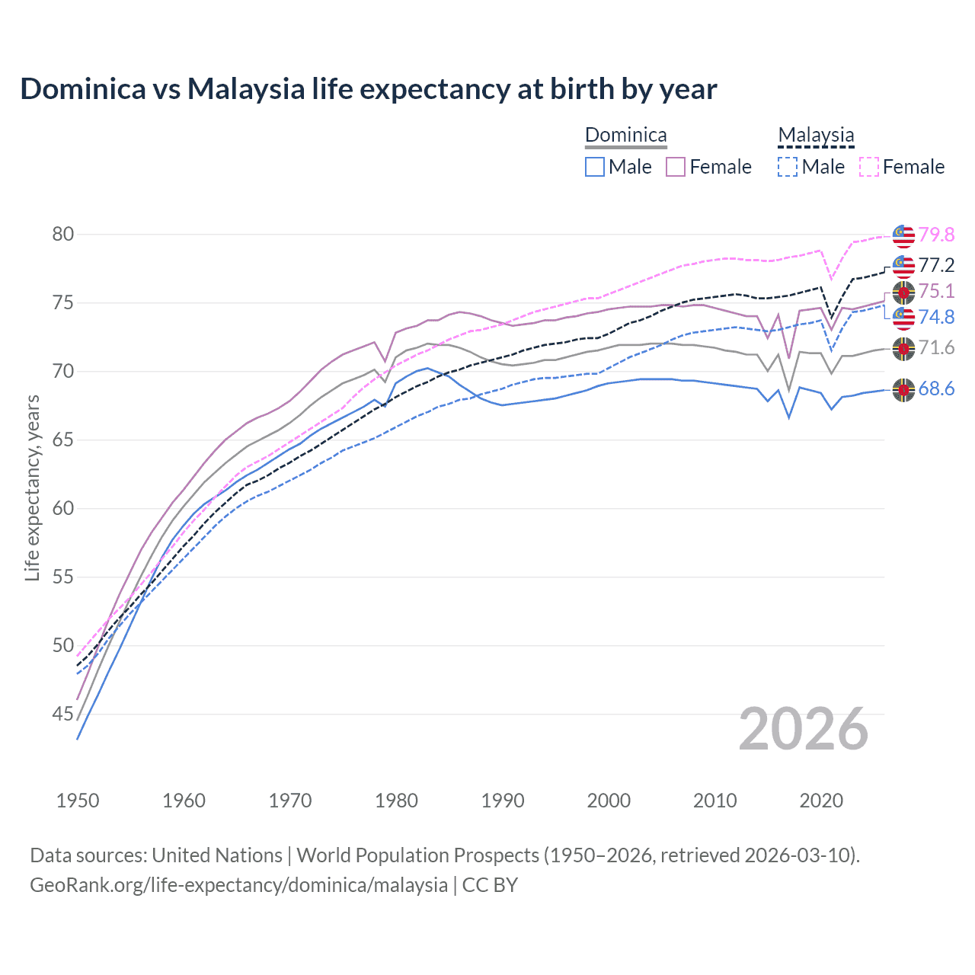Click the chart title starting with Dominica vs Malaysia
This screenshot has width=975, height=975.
click(369, 89)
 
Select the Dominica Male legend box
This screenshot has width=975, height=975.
click(595, 167)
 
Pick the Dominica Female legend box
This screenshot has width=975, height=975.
click(676, 167)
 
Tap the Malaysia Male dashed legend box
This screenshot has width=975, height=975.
click(788, 167)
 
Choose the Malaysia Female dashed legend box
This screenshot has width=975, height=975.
click(868, 167)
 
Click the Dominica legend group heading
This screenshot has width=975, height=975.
click(625, 136)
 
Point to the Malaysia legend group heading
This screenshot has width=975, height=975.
click(816, 136)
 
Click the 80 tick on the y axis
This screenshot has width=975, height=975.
click(63, 234)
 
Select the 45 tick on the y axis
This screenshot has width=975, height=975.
click(63, 714)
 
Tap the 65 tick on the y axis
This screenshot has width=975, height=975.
click(63, 440)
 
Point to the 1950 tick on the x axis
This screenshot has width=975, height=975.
click(78, 801)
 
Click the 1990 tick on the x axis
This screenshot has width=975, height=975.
click(503, 801)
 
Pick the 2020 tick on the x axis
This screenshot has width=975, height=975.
click(821, 801)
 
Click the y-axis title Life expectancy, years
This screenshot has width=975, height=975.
click(32, 487)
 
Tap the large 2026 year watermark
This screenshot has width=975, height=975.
click(804, 729)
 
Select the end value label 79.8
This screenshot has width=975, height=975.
click(936, 235)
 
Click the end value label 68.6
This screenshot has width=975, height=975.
click(936, 389)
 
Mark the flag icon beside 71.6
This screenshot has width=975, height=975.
click(903, 348)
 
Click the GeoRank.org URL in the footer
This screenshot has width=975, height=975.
click(238, 885)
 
